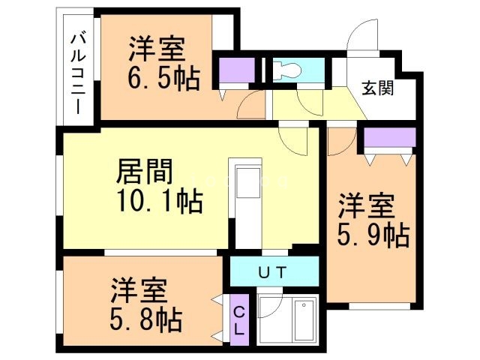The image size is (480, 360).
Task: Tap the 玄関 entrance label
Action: tap(379, 87)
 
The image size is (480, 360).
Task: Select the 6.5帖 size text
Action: tap(164, 79)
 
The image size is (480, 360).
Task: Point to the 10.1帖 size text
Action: tap(160, 202)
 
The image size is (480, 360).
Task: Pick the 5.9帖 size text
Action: tap(373, 236)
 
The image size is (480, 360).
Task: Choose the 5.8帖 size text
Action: tap(146, 321)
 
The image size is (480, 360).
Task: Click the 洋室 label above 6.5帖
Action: tap(156, 49)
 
